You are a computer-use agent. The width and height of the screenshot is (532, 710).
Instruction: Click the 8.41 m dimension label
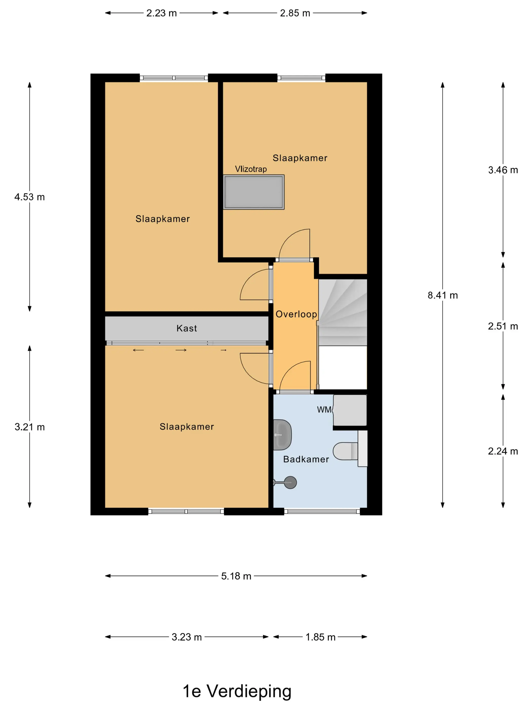pyautogui.click(x=443, y=295)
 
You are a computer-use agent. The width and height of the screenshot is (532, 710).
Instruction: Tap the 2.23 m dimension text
pyautogui.click(x=162, y=13)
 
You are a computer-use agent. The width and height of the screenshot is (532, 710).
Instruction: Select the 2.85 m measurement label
pyautogui.click(x=295, y=13)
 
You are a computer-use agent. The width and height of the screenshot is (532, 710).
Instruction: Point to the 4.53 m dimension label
pyautogui.click(x=29, y=197)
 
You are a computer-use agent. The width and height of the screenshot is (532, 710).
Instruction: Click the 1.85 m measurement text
pyautogui.click(x=320, y=637)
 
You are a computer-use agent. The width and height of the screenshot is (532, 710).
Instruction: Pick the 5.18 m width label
pyautogui.click(x=236, y=576)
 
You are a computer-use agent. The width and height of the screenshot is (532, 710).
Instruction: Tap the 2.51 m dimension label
pyautogui.click(x=503, y=326)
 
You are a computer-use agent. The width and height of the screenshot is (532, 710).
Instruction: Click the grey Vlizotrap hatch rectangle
pyautogui.click(x=254, y=192)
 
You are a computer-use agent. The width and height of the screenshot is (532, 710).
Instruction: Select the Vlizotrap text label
pyautogui.click(x=251, y=169)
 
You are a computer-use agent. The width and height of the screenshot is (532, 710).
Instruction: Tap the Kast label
pyautogui.click(x=187, y=328)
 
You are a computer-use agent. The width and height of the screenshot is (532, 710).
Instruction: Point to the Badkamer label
pyautogui.click(x=306, y=459)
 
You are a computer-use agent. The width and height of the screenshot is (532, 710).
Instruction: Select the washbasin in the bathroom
pyautogui.click(x=282, y=435)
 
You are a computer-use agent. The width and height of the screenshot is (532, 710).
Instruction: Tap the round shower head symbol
pyautogui.click(x=290, y=483)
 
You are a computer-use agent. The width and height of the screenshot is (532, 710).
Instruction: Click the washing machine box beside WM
pyautogui.click(x=350, y=411)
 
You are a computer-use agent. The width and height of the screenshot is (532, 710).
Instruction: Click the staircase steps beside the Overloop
pyautogui.click(x=343, y=312)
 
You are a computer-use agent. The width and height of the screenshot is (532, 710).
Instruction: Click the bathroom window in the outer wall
pyautogui.click(x=322, y=511)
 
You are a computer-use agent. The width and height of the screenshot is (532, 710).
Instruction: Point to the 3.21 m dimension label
pyautogui.click(x=29, y=427)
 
